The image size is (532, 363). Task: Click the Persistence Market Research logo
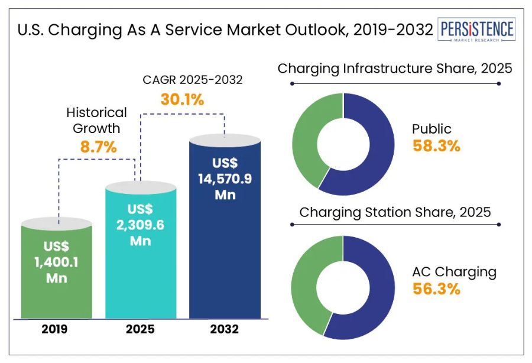pos(476,30)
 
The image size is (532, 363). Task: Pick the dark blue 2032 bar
pos(225,260)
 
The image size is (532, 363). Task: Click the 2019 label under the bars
pos(57,329)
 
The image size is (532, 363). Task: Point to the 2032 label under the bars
pos(224,329)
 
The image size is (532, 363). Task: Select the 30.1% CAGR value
pos(182,99)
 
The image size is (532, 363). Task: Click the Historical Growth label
pos(96,120)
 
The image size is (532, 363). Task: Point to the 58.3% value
pos(436,146)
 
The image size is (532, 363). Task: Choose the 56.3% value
pos(436,290)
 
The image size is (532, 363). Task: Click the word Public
pos(432,129)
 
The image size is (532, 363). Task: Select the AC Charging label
pos(454,272)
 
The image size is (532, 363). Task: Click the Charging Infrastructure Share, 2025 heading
pos(395,69)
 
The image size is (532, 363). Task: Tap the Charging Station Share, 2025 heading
pos(395,212)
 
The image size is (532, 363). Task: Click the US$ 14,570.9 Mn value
pos(225,178)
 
